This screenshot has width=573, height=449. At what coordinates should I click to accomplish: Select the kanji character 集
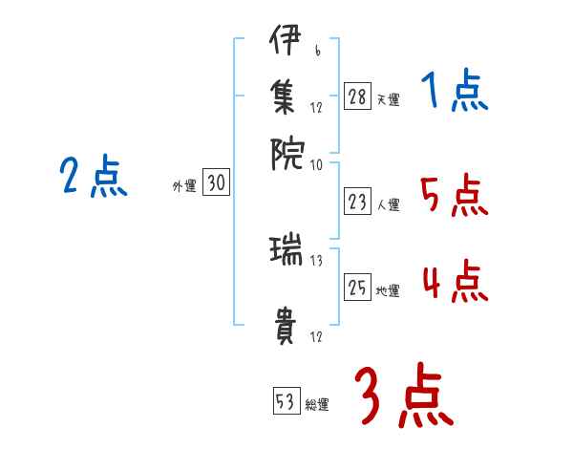285,96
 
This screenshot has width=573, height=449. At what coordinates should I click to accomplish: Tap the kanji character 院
285,150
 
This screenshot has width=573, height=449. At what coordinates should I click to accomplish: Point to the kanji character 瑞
285,252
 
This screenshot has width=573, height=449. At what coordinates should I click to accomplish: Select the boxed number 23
358,202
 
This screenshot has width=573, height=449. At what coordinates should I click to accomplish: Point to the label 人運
388,203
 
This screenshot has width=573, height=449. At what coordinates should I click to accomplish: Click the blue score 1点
454,92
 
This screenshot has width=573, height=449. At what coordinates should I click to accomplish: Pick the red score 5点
454,196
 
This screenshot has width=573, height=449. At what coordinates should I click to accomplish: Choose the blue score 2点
94,177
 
